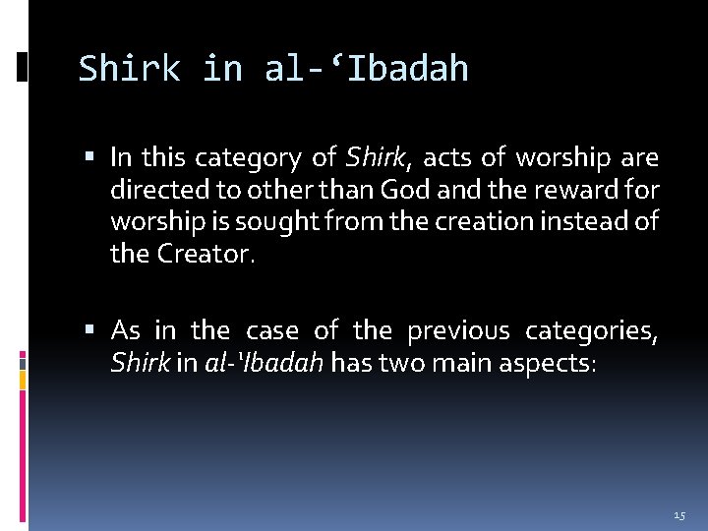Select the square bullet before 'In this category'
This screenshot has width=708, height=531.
[x=91, y=157]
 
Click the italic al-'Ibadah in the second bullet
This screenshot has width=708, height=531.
[x=265, y=363]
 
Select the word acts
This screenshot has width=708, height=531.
[x=444, y=157]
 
